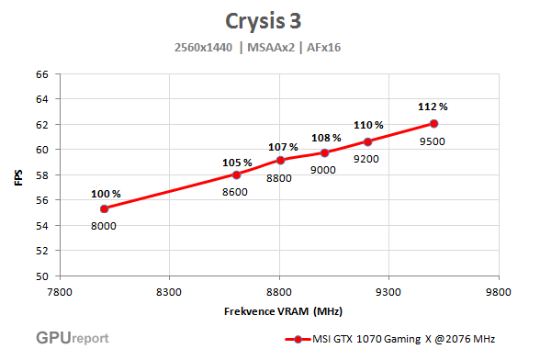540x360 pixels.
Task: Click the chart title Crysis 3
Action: point(268,20)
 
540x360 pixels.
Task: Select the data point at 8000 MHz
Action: point(104,208)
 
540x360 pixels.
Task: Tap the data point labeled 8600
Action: point(236,174)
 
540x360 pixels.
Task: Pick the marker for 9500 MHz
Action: point(433,123)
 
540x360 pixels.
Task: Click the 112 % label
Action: point(433,107)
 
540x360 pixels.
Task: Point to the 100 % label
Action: point(105,194)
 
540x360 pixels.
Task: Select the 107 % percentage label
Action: point(283,147)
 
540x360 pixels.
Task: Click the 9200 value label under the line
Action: point(368,158)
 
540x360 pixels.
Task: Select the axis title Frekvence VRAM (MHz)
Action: point(270,310)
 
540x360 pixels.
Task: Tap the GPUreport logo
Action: point(73,337)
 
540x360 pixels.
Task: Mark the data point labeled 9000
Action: point(324,152)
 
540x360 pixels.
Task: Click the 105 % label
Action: point(236,163)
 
